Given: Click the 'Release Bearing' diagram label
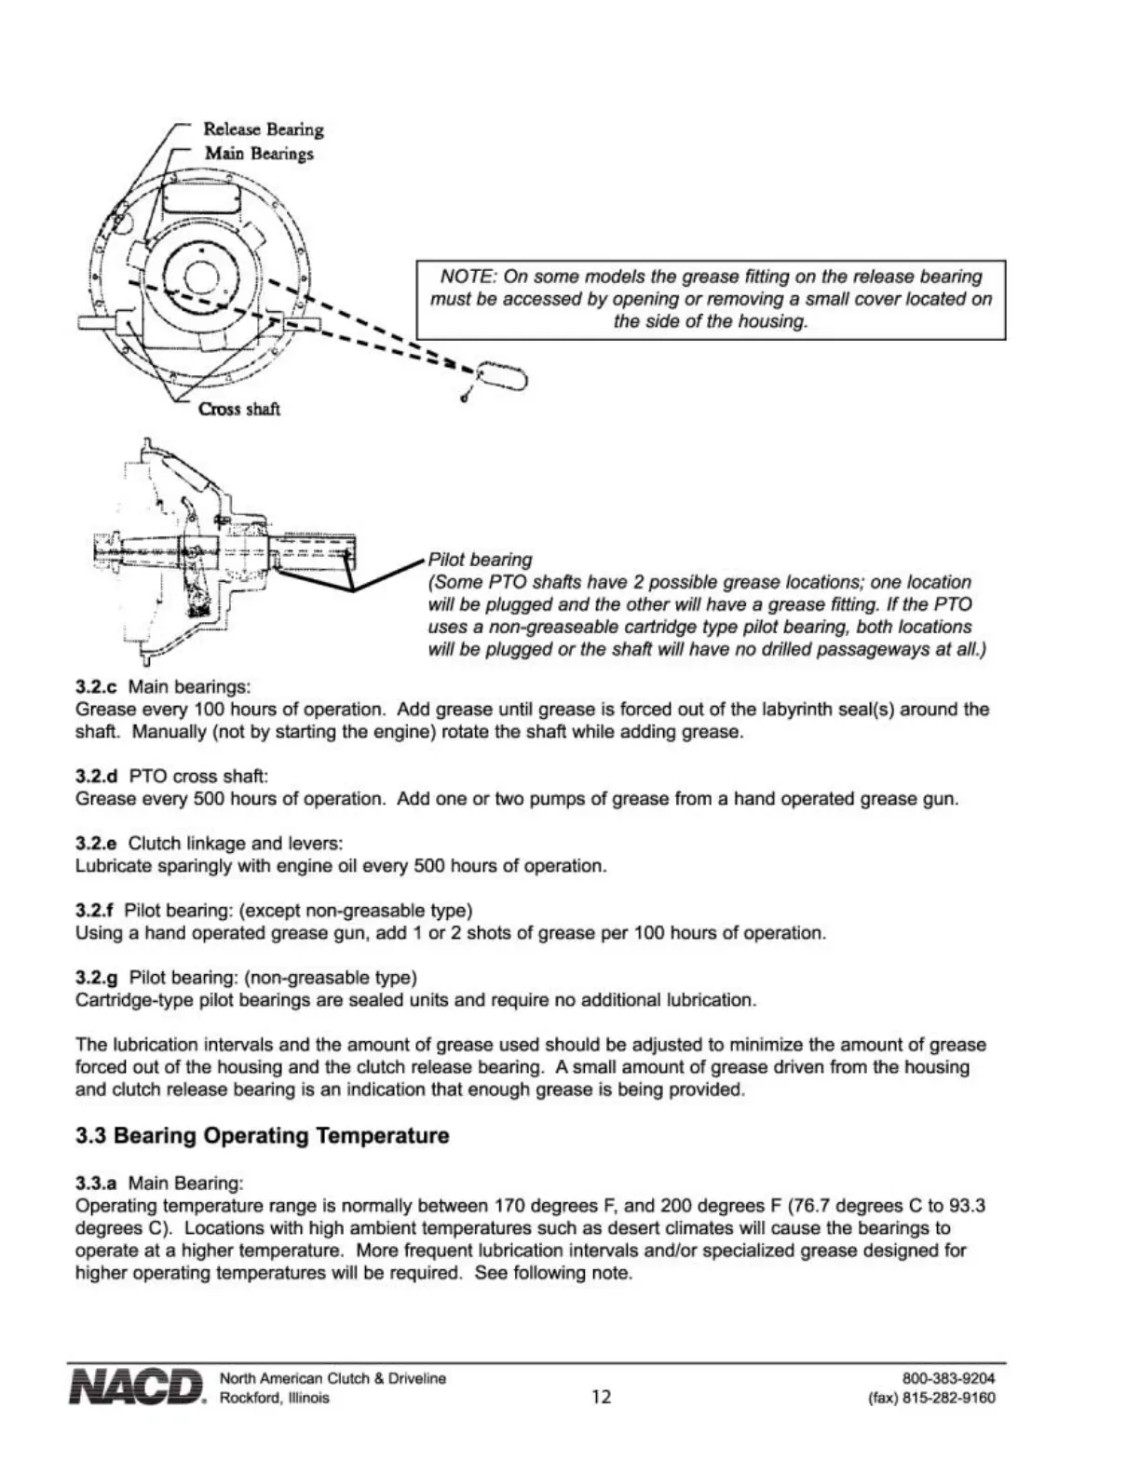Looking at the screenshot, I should [264, 129].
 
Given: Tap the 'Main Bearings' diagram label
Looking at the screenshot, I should [259, 154].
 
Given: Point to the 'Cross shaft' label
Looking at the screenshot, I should [239, 409].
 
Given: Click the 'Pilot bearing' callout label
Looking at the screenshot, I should [480, 560].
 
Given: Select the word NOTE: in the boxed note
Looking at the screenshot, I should [468, 277].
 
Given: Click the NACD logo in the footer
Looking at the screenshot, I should [136, 1387].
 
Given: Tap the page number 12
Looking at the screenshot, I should [602, 1397].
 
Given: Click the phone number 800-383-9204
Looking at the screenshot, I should [948, 1378].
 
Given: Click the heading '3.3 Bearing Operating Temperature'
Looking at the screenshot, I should [262, 1136].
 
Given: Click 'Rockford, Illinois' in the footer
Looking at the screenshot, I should [274, 1399].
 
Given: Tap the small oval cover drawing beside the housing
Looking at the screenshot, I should [503, 376].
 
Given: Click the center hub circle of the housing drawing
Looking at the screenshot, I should [199, 277].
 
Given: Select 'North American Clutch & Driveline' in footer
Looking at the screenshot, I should [332, 1378].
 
